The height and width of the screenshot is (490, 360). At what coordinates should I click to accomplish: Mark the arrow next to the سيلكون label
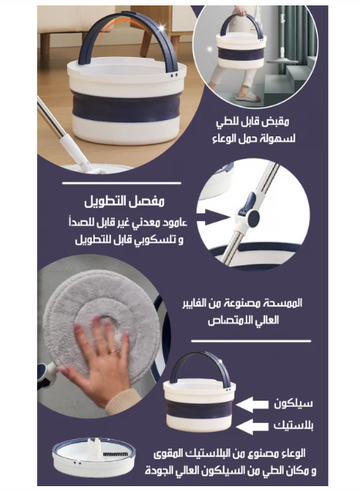251,403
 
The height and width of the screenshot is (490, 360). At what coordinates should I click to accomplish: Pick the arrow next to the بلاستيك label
251,425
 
